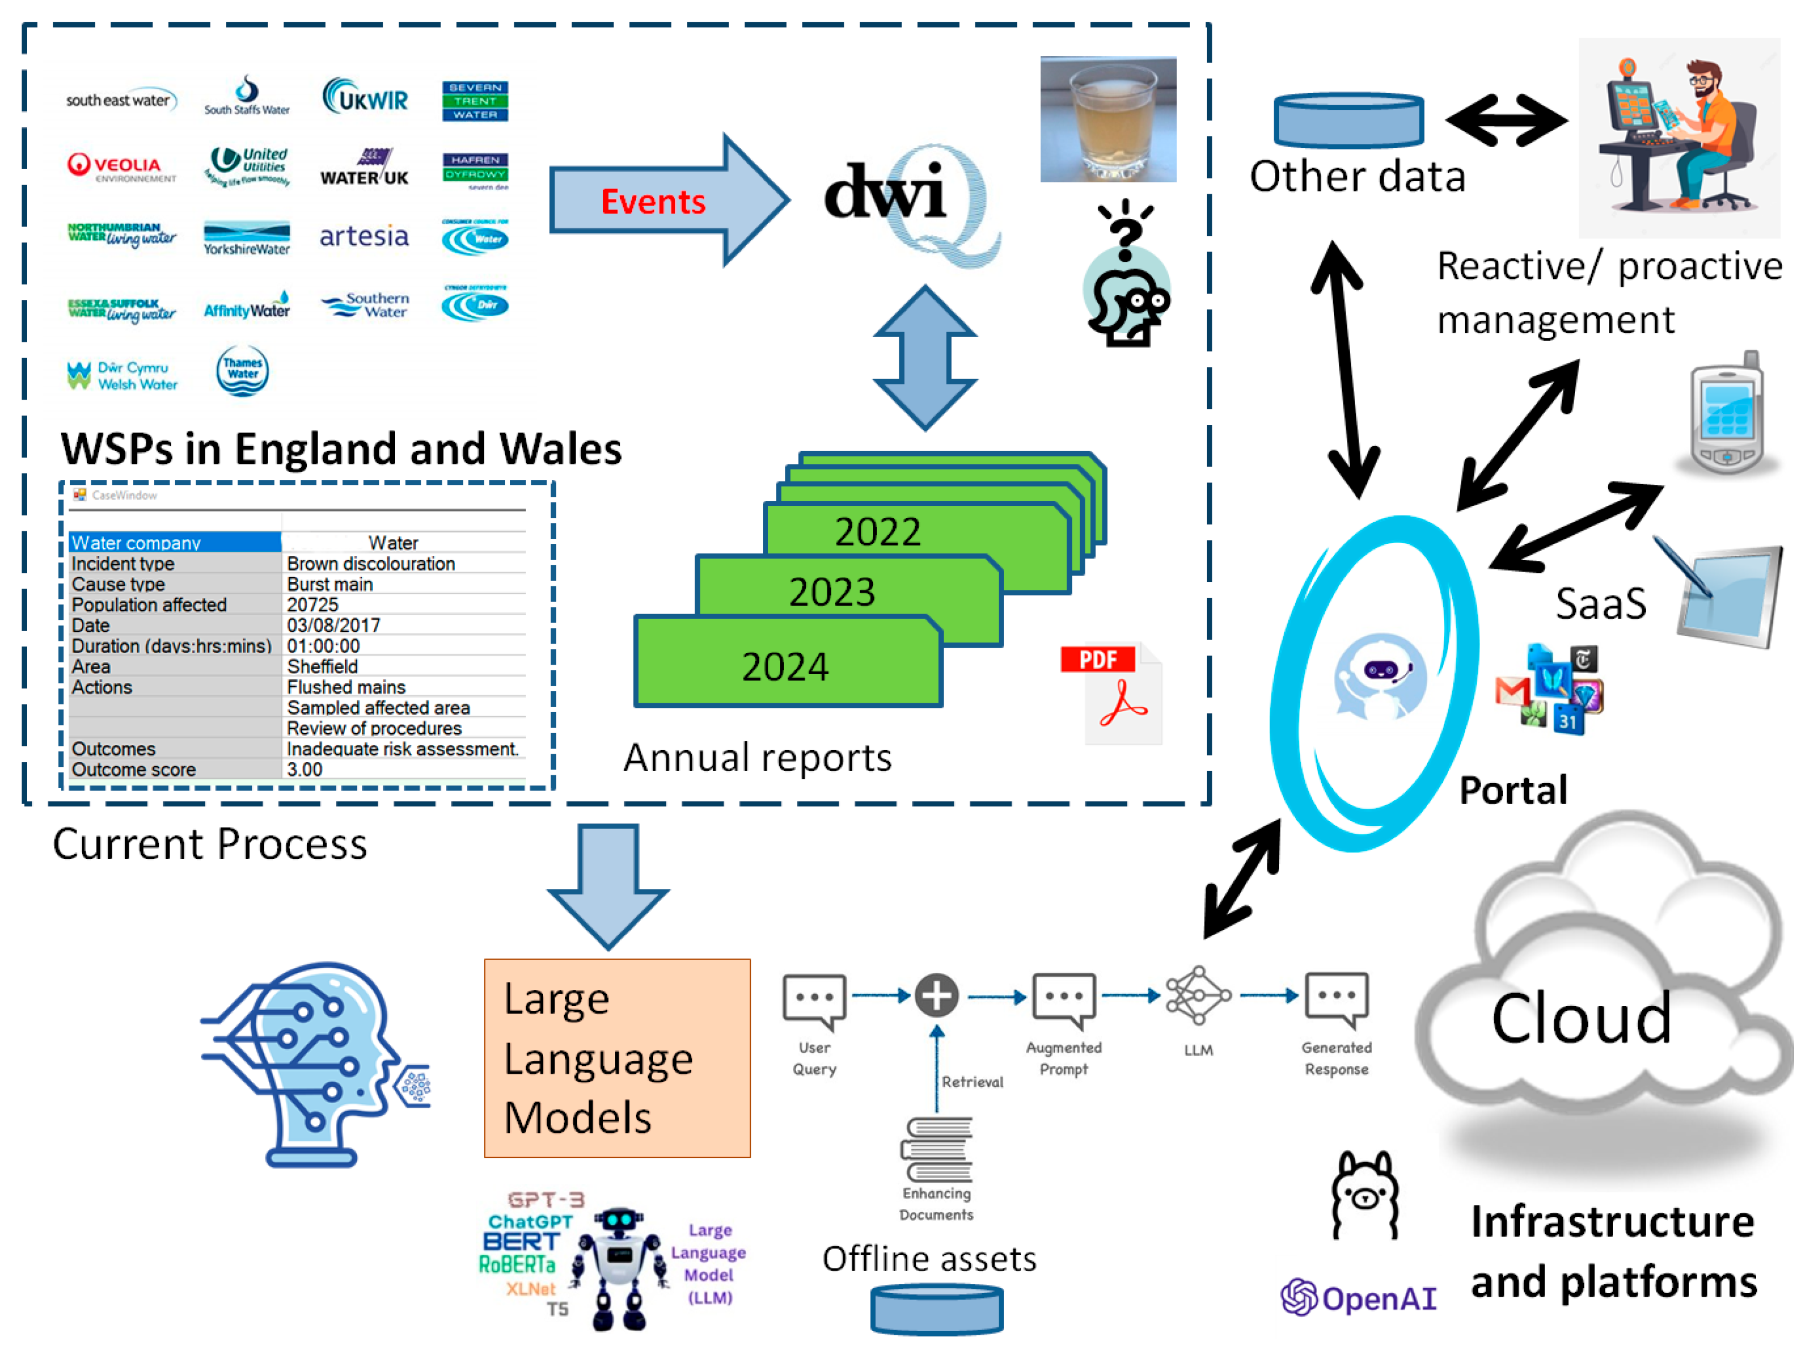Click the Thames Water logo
pyautogui.click(x=242, y=371)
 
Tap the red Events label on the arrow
pyautogui.click(x=653, y=201)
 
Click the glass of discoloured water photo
pyautogui.click(x=1108, y=119)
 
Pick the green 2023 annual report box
pyautogui.click(x=831, y=592)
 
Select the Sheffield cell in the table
pyautogui.click(x=323, y=666)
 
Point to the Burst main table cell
pyautogui.click(x=330, y=584)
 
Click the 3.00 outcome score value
pyautogui.click(x=305, y=769)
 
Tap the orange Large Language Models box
pyautogui.click(x=617, y=1057)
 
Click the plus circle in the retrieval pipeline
pyautogui.click(x=936, y=996)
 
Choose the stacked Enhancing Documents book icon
pyautogui.click(x=936, y=1150)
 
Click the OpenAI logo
pyautogui.click(x=1358, y=1297)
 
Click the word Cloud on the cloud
pyautogui.click(x=1580, y=1018)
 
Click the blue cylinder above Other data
pyautogui.click(x=1349, y=119)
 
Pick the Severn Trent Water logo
pyautogui.click(x=475, y=101)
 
